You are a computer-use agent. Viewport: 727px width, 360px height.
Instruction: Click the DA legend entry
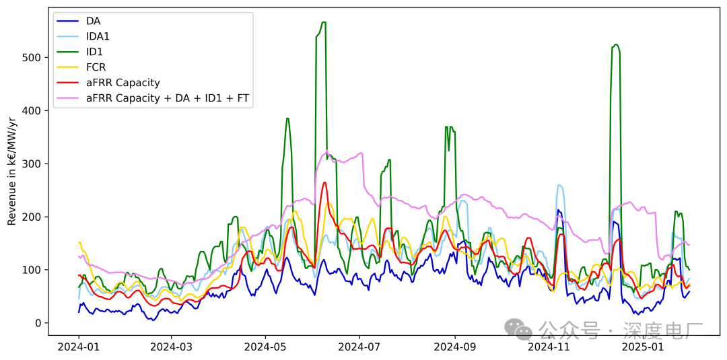pyautogui.click(x=93, y=21)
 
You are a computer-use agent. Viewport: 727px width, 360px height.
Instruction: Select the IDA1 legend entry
pyautogui.click(x=98, y=36)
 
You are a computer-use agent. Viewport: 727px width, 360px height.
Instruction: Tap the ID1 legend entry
pyautogui.click(x=94, y=52)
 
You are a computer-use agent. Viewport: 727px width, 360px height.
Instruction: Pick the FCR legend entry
pyautogui.click(x=96, y=67)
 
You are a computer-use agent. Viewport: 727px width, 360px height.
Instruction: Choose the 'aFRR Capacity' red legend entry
pyautogui.click(x=123, y=83)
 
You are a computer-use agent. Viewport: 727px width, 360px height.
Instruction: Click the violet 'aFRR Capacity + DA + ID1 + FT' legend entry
pyautogui.click(x=167, y=98)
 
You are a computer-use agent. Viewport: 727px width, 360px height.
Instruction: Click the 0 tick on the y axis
pyautogui.click(x=38, y=323)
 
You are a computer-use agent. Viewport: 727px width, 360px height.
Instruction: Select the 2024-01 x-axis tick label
pyautogui.click(x=79, y=347)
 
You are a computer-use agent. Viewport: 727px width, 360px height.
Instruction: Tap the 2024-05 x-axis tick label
pyautogui.click(x=266, y=347)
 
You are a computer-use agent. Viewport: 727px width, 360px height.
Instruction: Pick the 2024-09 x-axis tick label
pyautogui.click(x=455, y=347)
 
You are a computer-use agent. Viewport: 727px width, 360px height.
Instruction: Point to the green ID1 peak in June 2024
pyautogui.click(x=324, y=23)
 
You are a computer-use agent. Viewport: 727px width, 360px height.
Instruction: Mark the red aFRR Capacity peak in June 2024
pyautogui.click(x=324, y=182)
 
